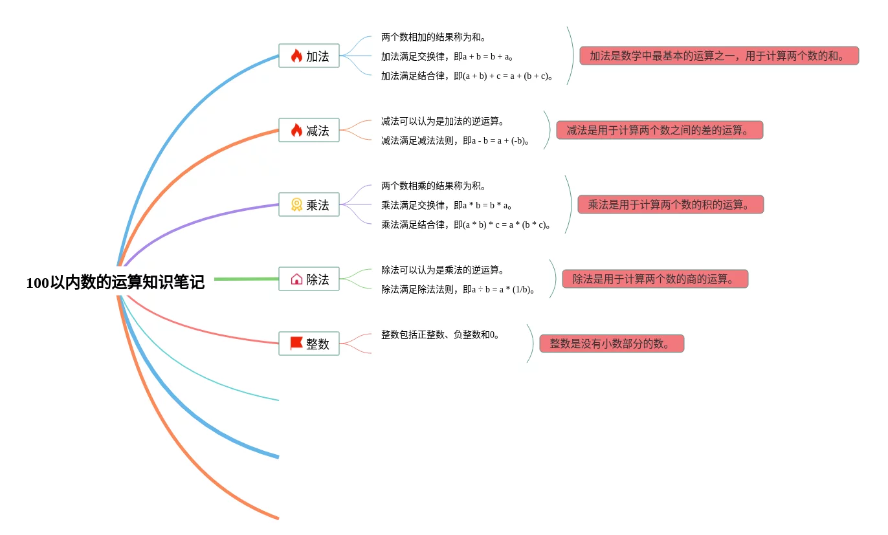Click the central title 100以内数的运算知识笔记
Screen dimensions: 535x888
(x=115, y=283)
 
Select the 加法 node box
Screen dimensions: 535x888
(x=309, y=56)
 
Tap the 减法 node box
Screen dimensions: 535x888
(x=309, y=131)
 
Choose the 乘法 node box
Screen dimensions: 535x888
(x=309, y=205)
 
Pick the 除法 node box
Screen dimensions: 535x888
(x=309, y=279)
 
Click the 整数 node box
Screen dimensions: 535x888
(x=309, y=344)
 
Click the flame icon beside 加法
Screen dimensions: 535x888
(x=296, y=56)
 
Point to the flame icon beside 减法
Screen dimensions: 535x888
(x=296, y=131)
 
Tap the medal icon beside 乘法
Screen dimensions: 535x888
(x=296, y=205)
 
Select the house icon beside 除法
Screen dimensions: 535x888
(x=296, y=279)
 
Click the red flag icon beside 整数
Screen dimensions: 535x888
(x=296, y=344)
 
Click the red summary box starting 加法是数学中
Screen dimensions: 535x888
(x=718, y=56)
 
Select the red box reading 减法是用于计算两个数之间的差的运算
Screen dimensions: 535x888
(x=659, y=131)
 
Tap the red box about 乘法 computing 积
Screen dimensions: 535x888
(x=670, y=205)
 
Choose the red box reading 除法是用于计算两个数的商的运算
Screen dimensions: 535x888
(x=654, y=279)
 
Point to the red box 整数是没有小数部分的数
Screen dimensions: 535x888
(x=611, y=344)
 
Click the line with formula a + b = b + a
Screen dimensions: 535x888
(x=447, y=57)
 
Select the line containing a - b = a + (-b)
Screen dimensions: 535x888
(x=455, y=141)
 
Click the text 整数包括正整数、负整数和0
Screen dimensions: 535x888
(x=440, y=335)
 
